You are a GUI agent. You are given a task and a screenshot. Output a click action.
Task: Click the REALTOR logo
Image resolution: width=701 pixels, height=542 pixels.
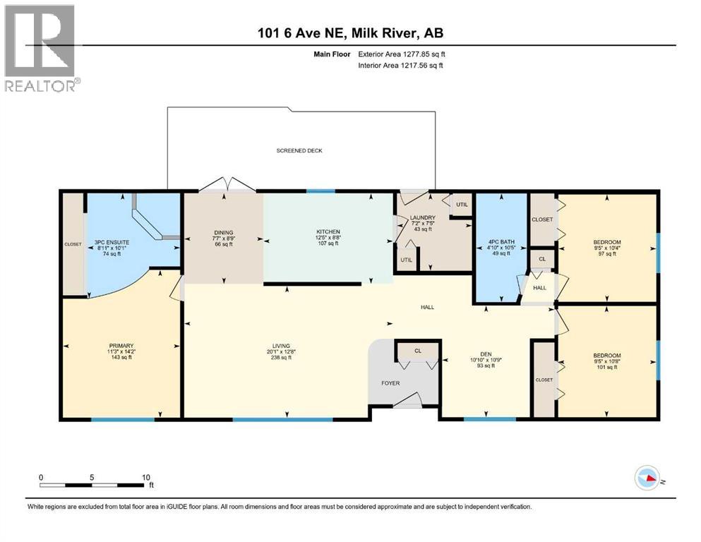click(x=40, y=48)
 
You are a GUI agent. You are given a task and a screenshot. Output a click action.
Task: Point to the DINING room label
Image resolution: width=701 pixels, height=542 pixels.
click(x=224, y=232)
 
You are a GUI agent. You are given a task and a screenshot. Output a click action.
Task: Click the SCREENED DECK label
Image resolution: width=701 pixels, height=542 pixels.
click(x=299, y=150)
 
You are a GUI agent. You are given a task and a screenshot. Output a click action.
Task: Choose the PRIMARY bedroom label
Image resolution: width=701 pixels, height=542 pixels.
click(x=121, y=345)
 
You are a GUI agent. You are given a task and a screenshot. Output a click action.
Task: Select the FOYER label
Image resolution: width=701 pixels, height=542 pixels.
click(x=390, y=383)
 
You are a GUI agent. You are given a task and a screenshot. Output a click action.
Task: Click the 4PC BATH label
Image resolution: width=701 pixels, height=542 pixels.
click(x=501, y=242)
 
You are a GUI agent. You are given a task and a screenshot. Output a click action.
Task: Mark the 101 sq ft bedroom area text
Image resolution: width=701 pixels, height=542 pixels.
click(x=606, y=366)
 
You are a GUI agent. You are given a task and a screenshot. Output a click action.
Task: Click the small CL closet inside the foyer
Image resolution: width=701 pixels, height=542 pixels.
click(x=417, y=350)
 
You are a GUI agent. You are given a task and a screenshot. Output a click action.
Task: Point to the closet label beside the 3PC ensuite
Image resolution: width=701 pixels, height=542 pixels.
click(x=73, y=244)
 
